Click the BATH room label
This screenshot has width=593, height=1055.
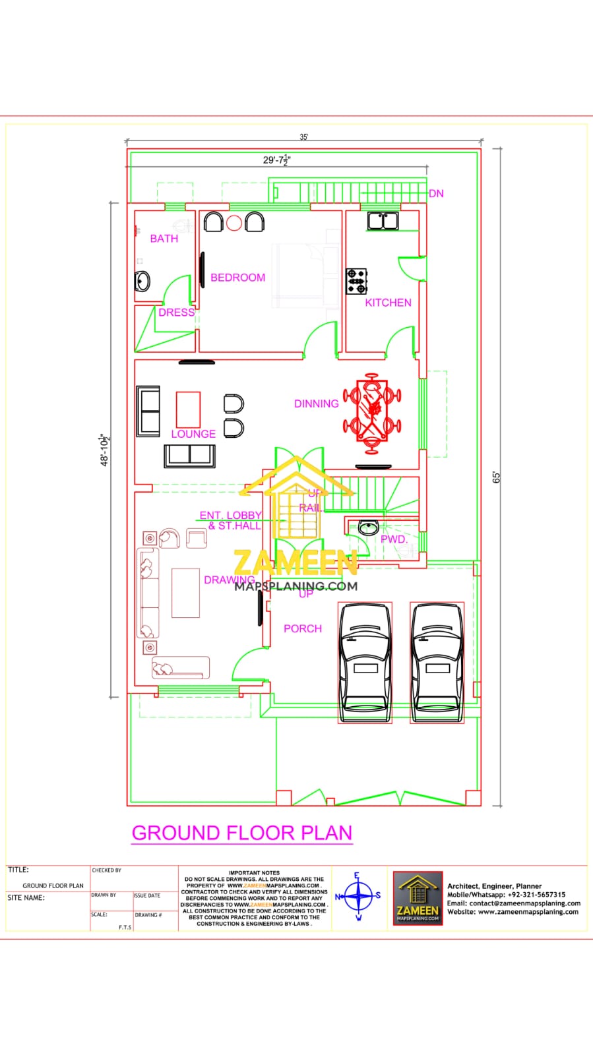[164, 239]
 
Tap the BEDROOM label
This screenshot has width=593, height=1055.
[237, 278]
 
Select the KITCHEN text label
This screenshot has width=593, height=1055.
[388, 303]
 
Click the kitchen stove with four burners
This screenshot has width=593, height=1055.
[357, 281]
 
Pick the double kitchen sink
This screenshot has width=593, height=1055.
[383, 220]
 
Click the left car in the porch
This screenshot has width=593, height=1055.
[365, 663]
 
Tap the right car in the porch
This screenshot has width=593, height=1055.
[437, 663]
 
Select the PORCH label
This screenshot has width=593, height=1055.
[303, 629]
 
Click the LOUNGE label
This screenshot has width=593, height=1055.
[193, 434]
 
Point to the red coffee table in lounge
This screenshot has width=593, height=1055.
[188, 409]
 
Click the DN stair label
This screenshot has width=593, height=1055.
[436, 194]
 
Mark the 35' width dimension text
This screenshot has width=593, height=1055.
[304, 137]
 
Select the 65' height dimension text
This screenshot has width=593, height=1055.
[497, 477]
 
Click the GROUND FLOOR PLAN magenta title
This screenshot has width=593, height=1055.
[242, 833]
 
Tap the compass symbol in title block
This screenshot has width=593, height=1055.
[358, 896]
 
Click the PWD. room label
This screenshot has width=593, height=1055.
[394, 539]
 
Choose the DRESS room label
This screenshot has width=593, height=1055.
[176, 313]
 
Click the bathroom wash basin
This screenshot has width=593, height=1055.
[142, 282]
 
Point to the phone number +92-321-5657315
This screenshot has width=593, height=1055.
[536, 895]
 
